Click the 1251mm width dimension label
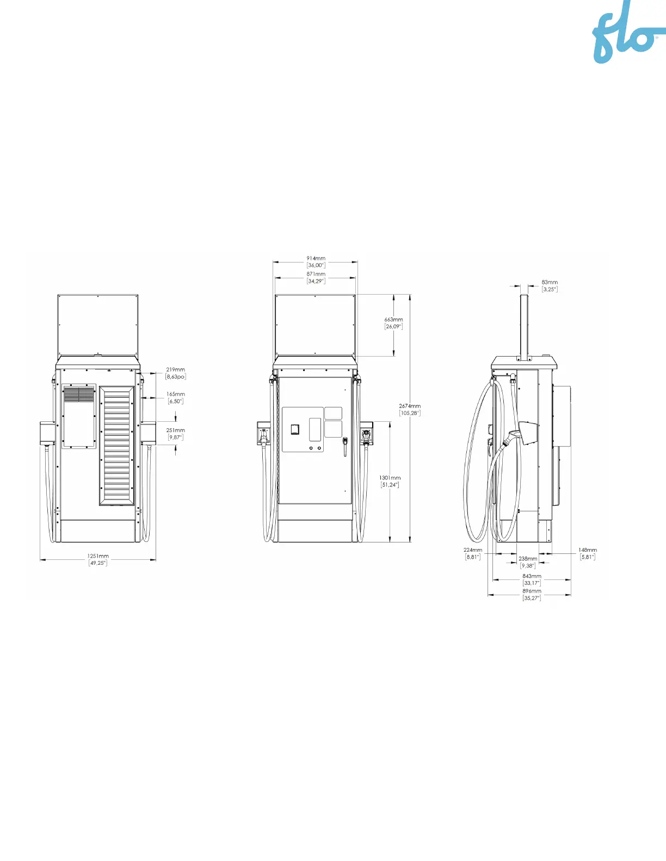(97, 559)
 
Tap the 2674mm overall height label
(410, 409)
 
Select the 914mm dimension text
(316, 261)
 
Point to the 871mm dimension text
(316, 277)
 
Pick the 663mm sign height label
(393, 323)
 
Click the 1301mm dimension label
(390, 481)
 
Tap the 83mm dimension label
(550, 286)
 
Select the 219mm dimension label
(175, 373)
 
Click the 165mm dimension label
(175, 397)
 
